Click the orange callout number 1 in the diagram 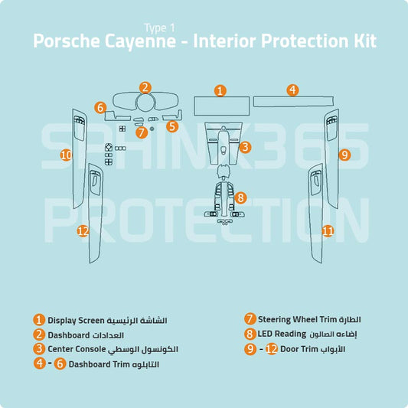[220, 90]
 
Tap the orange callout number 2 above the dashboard [145, 87]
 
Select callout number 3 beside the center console [244, 147]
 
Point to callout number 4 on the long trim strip [292, 90]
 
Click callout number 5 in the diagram [172, 126]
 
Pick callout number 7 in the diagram [141, 132]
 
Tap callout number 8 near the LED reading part [240, 197]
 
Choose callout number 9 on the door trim [344, 155]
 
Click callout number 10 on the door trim [66, 155]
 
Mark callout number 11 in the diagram [328, 230]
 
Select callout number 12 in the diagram [83, 230]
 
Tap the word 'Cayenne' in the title [145, 41]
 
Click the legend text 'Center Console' [76, 349]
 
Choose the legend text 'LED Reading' [280, 335]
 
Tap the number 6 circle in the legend [60, 364]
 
